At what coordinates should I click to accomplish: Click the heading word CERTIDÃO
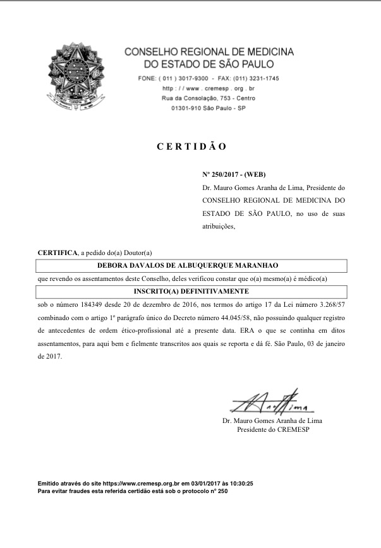pyautogui.click(x=191, y=146)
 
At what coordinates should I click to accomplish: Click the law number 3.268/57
pyautogui.click(x=327, y=305)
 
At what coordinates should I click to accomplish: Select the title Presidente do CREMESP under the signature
pyautogui.click(x=273, y=430)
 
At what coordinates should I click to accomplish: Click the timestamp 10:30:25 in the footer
pyautogui.click(x=239, y=483)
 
